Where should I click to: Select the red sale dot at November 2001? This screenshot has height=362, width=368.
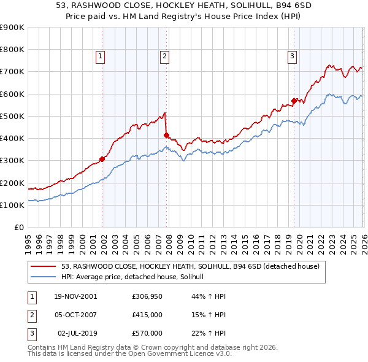tap(102, 159)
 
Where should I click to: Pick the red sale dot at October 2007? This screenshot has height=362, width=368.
tap(166, 135)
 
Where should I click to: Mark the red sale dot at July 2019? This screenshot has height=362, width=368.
tap(294, 101)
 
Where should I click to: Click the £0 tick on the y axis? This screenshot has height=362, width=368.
tap(18, 227)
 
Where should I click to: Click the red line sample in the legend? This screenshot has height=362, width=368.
tap(44, 267)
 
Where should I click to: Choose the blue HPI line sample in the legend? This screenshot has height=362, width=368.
tap(44, 277)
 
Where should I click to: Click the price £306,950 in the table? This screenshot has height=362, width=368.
tap(147, 296)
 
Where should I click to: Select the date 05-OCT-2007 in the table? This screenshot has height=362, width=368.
tap(75, 315)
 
